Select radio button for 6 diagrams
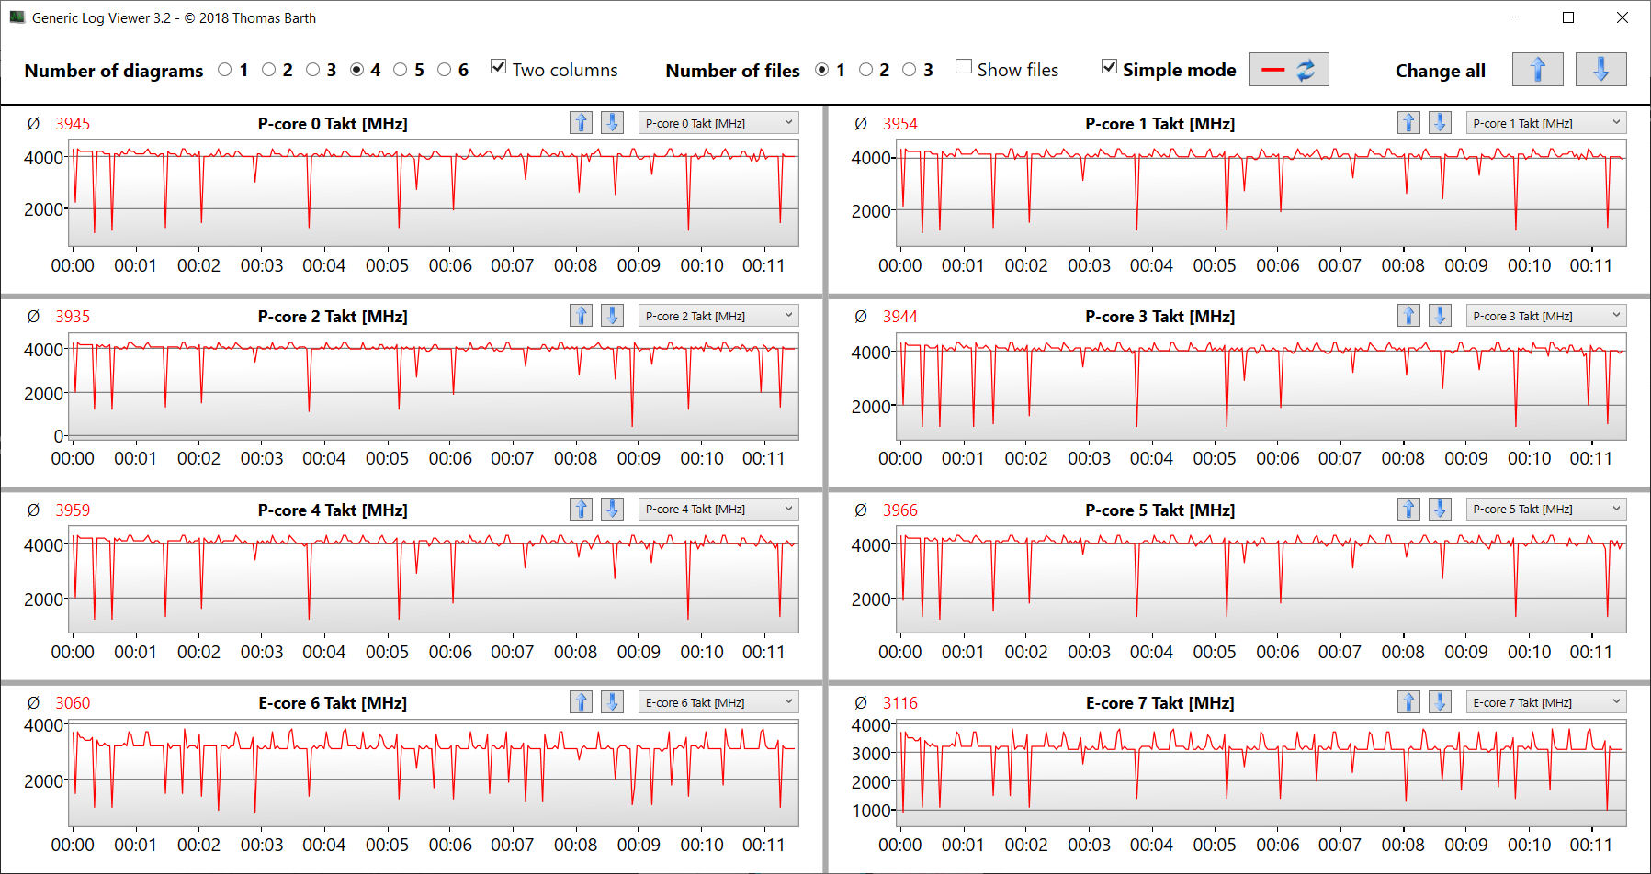[x=445, y=70]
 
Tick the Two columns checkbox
[x=499, y=67]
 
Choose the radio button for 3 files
[x=910, y=70]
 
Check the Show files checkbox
[x=964, y=67]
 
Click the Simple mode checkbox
[x=1110, y=67]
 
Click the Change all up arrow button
[x=1537, y=70]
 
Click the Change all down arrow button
[x=1600, y=70]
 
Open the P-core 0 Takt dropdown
[x=718, y=123]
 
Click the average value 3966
[x=899, y=510]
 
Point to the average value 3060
[x=73, y=703]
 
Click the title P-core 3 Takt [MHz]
[x=1159, y=317]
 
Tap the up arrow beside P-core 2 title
[x=581, y=316]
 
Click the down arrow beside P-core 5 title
[x=1440, y=510]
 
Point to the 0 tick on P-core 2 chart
[x=59, y=436]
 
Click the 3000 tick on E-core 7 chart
[x=871, y=754]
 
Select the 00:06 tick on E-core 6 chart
[x=450, y=845]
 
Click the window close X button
[x=1623, y=17]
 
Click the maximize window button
[x=1568, y=17]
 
